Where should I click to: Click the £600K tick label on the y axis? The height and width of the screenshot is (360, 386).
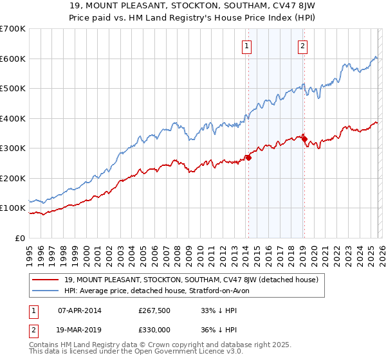coord(13,59)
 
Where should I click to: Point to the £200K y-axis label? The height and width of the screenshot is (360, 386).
coord(13,178)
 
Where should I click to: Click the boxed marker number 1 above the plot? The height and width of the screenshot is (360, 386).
coord(248,45)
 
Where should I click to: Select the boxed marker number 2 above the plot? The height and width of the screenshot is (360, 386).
coord(303,45)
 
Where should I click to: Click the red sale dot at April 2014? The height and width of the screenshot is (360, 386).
coord(248,157)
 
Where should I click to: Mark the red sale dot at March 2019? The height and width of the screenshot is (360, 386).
coord(304,139)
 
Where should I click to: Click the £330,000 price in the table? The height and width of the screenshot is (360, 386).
coord(154,329)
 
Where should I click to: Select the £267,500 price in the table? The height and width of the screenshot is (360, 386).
coord(154,310)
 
